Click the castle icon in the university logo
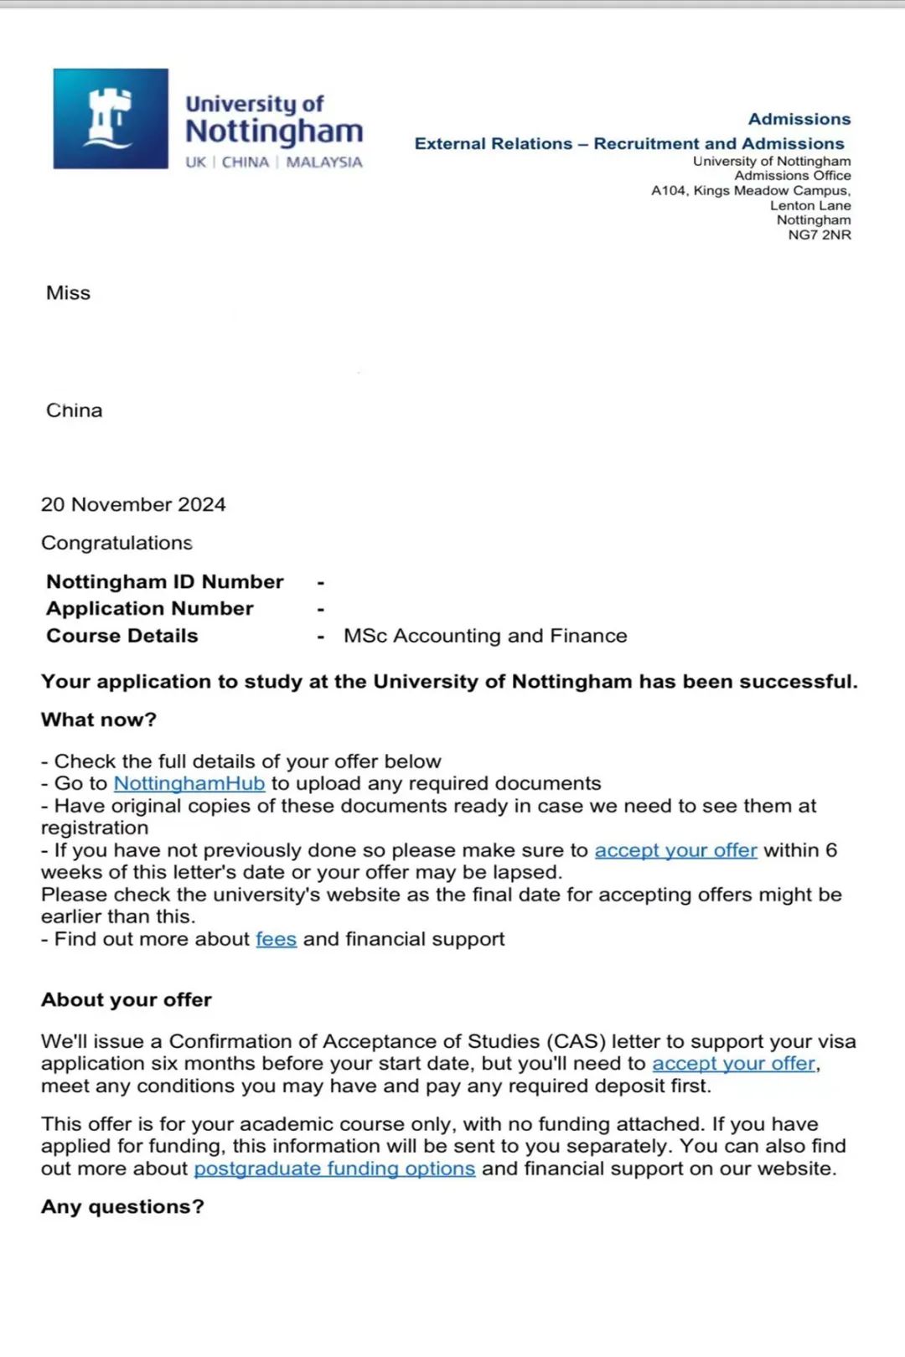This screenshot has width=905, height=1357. (x=110, y=118)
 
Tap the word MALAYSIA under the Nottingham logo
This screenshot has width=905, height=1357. (x=324, y=162)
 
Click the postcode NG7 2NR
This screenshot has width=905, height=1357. (x=819, y=235)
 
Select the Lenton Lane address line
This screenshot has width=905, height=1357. (x=810, y=205)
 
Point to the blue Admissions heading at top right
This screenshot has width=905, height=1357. (x=799, y=119)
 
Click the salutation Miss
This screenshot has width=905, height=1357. (x=68, y=293)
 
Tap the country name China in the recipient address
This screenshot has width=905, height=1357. (x=75, y=410)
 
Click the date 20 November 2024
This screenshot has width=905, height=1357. (x=133, y=504)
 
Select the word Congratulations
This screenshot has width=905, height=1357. (x=116, y=543)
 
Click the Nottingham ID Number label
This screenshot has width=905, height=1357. (x=164, y=581)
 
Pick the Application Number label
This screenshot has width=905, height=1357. (x=149, y=608)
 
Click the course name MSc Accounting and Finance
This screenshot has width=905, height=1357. (x=485, y=636)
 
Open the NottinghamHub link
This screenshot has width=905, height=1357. (x=189, y=783)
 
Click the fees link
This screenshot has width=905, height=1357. (x=276, y=939)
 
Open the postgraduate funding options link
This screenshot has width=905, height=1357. (x=334, y=1169)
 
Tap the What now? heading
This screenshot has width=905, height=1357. (x=99, y=720)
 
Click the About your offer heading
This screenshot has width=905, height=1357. (x=127, y=999)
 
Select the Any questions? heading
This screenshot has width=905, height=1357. (x=122, y=1206)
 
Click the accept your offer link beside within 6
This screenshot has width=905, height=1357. (x=675, y=850)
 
